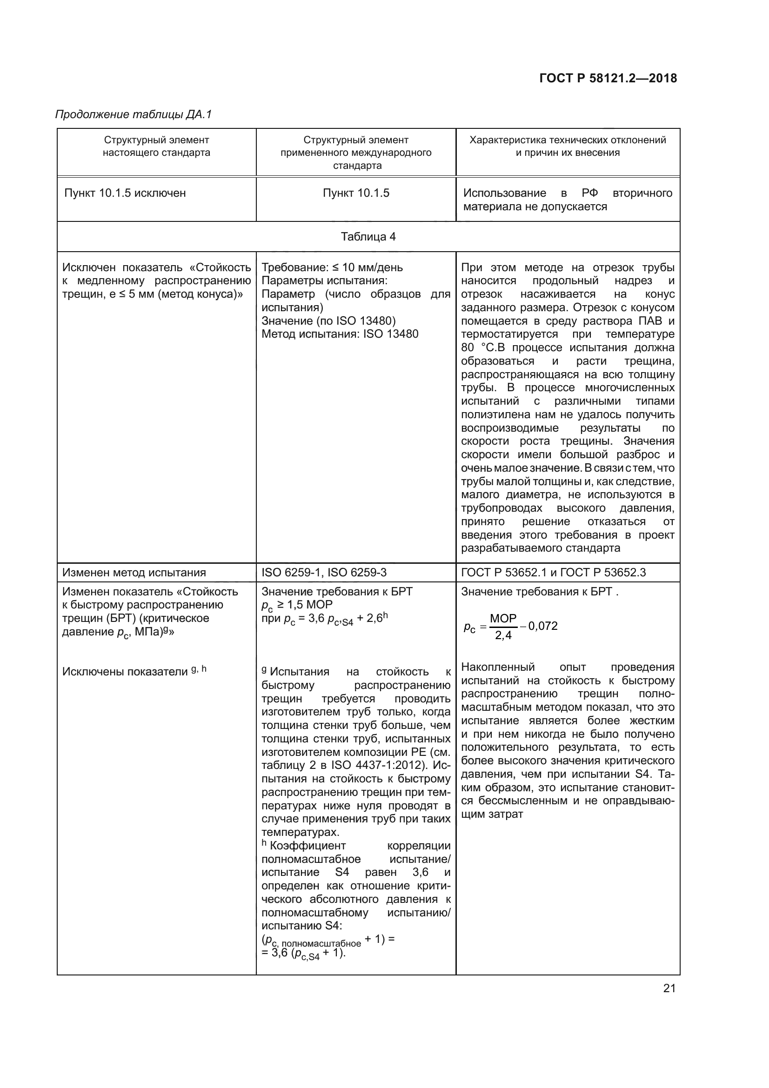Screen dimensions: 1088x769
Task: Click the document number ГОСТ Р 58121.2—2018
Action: tap(608, 79)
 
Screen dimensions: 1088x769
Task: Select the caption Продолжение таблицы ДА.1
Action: tap(133, 115)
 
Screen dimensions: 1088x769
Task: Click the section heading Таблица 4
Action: tap(368, 237)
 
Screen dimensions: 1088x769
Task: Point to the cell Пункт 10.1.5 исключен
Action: tap(125, 194)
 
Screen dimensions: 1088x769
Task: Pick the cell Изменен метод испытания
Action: tap(134, 573)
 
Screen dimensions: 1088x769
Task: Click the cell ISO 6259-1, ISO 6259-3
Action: tap(324, 573)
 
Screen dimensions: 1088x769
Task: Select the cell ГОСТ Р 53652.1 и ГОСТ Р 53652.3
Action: tap(554, 573)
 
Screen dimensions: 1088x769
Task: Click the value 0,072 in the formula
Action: tap(543, 626)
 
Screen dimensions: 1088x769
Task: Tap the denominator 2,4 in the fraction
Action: tap(503, 635)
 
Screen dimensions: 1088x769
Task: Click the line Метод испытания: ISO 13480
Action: tap(340, 334)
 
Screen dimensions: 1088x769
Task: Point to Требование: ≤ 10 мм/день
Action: tap(332, 267)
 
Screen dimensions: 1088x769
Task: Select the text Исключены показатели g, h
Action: tap(134, 672)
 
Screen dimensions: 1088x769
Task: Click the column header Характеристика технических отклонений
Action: tap(568, 140)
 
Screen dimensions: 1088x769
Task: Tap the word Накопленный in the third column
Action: tap(498, 667)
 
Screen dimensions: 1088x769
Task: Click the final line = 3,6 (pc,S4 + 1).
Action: tap(304, 953)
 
